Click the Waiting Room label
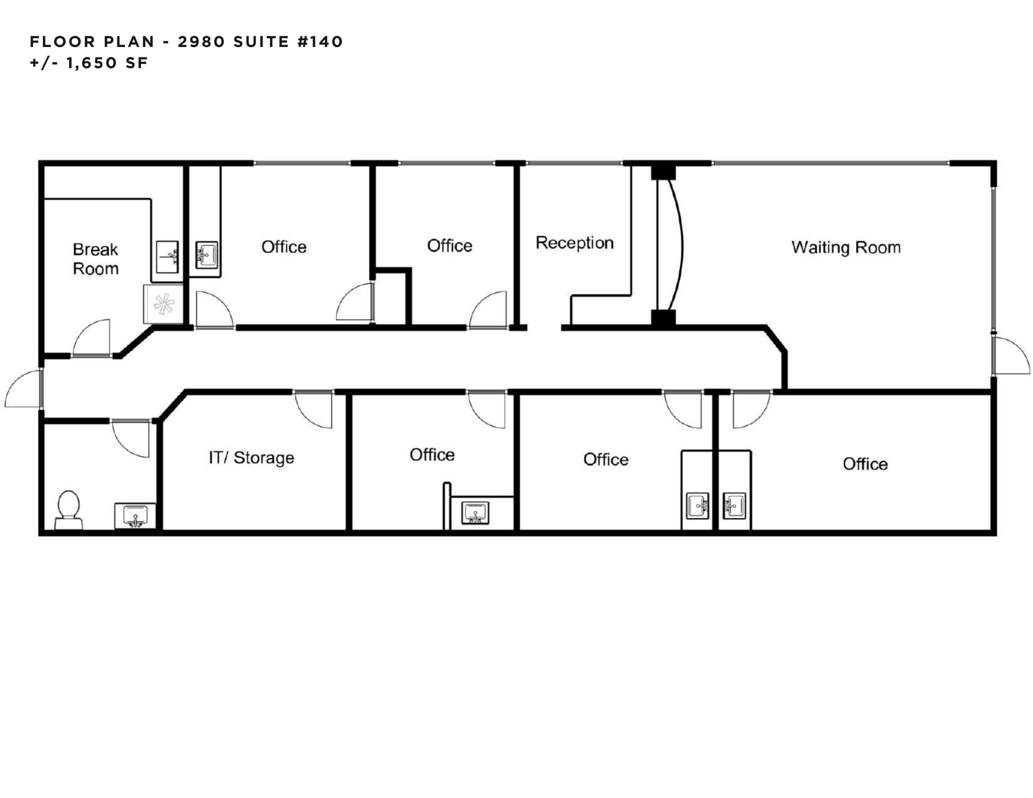pyautogui.click(x=846, y=247)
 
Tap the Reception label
pyautogui.click(x=574, y=243)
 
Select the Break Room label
pyautogui.click(x=96, y=259)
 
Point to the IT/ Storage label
pyautogui.click(x=252, y=458)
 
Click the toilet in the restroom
pyautogui.click(x=69, y=509)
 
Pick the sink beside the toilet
pyautogui.click(x=135, y=516)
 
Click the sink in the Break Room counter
pyautogui.click(x=167, y=257)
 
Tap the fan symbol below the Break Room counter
pyautogui.click(x=164, y=304)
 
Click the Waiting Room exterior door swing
pyautogui.click(x=1011, y=356)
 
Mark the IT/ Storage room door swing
pyautogui.click(x=314, y=410)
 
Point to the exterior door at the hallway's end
pyautogui.click(x=23, y=389)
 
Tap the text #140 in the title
pyautogui.click(x=320, y=41)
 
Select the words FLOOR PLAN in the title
pyautogui.click(x=92, y=41)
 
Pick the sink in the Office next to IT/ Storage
pyautogui.click(x=475, y=513)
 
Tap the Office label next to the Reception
pyautogui.click(x=449, y=246)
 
